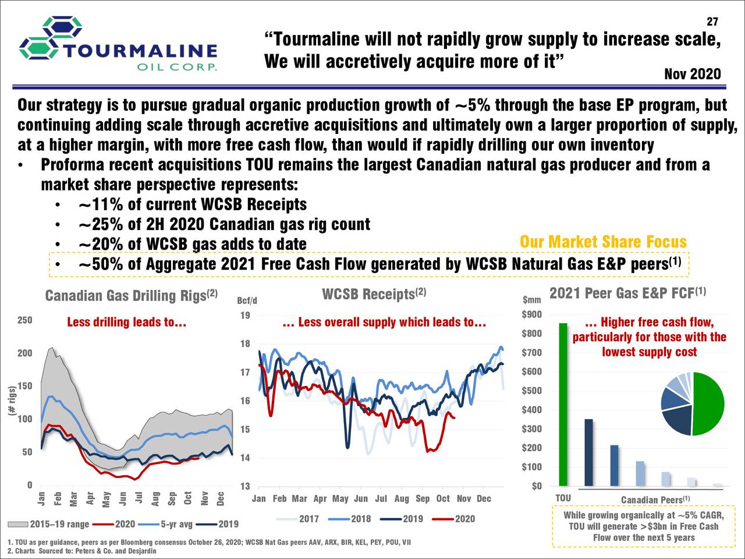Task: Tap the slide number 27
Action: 712,22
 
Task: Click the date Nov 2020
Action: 692,75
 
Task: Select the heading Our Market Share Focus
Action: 602,242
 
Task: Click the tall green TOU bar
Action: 563,404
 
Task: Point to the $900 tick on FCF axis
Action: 532,315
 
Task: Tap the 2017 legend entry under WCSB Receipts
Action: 300,519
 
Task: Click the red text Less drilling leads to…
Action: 126,322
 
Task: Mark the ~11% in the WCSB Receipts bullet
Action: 100,205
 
